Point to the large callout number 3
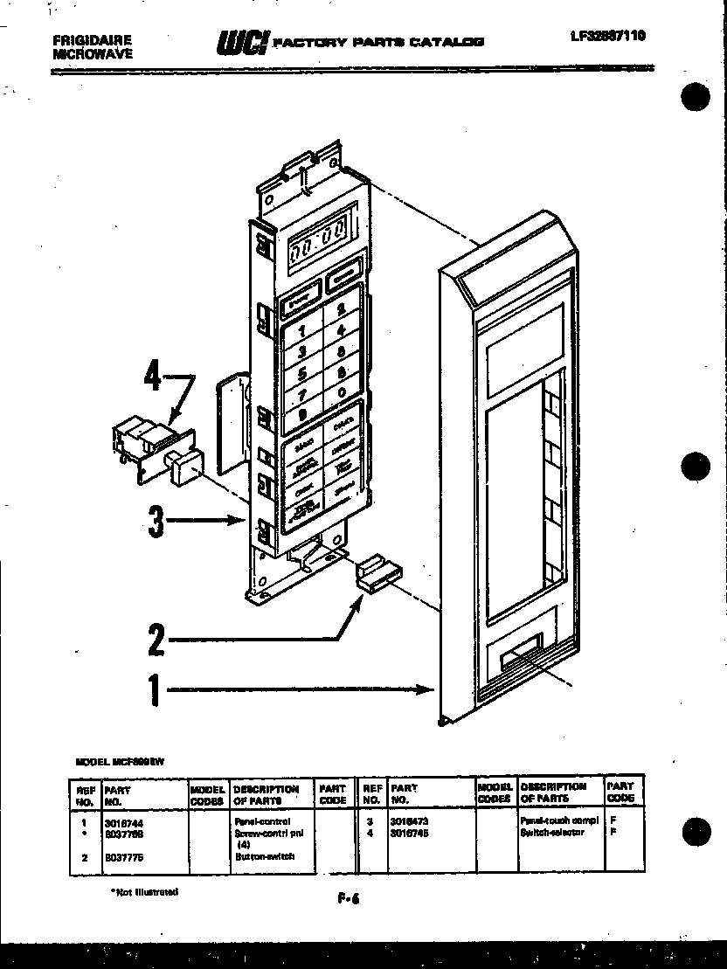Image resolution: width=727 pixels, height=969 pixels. (x=156, y=522)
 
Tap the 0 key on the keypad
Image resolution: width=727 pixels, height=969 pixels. (x=341, y=392)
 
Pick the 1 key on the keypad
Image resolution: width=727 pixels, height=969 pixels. (x=303, y=331)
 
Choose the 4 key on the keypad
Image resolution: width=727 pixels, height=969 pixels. (x=341, y=330)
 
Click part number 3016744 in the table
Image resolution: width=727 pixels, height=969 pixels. (x=119, y=822)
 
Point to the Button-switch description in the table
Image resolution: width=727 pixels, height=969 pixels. (x=264, y=857)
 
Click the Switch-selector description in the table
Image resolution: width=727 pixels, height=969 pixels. (x=552, y=833)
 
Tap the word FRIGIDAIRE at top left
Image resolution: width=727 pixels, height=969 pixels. (x=93, y=40)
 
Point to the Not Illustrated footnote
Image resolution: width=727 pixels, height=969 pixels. (x=144, y=892)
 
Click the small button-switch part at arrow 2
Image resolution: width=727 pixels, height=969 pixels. (x=377, y=573)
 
